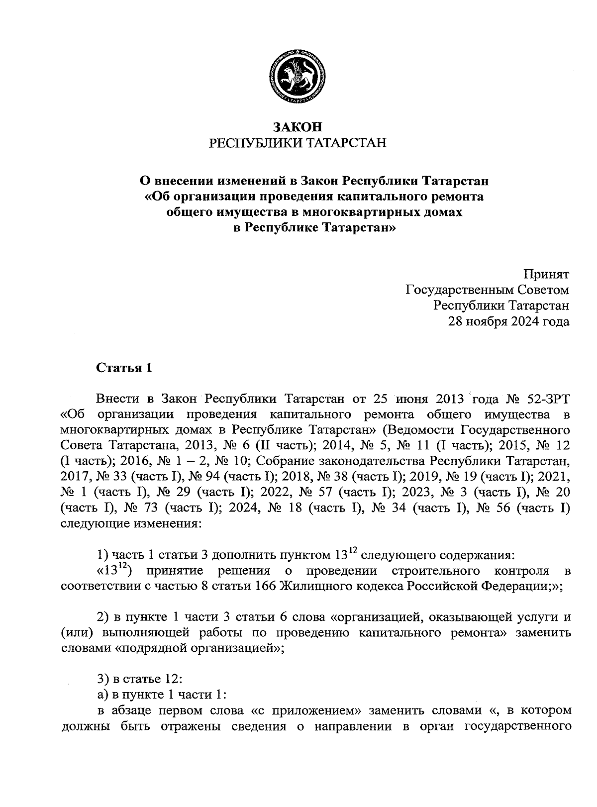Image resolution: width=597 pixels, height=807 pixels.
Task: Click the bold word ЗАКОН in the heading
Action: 298,127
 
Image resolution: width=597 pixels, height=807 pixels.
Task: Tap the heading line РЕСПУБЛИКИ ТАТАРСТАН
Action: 298,143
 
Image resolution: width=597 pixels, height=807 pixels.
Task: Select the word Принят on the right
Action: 546,274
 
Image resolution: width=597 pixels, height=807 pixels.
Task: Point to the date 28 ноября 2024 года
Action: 509,321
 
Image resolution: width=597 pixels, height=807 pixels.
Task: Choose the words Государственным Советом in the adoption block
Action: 488,290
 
